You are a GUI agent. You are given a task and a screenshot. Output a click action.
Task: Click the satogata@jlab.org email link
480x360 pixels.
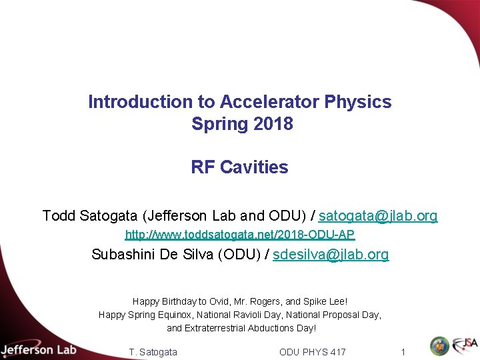click(x=378, y=215)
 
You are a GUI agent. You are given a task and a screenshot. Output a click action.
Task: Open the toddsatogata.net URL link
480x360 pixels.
click(x=240, y=235)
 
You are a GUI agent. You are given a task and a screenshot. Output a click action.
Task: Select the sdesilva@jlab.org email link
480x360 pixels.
click(x=331, y=254)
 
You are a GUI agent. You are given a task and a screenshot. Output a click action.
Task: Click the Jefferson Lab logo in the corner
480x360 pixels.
click(x=39, y=349)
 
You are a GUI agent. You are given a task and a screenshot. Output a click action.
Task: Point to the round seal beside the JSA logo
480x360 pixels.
click(x=439, y=346)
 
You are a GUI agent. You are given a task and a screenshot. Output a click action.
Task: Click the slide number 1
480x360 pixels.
click(x=403, y=351)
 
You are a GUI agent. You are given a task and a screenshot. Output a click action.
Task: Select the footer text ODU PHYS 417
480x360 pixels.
click(x=312, y=351)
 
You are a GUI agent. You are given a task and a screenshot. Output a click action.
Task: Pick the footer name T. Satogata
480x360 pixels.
click(x=153, y=351)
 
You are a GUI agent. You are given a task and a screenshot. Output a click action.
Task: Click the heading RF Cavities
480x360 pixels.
click(x=240, y=167)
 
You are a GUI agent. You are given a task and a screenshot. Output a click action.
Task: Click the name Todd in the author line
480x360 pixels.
click(x=59, y=215)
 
